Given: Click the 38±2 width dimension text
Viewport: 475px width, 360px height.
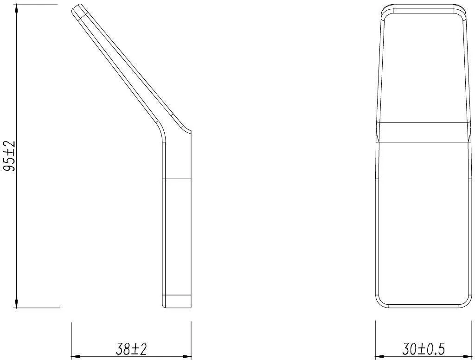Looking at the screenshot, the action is [131, 349].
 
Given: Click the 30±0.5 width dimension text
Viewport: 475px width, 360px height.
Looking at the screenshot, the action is [424, 349].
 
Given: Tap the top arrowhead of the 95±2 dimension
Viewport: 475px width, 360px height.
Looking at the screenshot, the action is [16, 8].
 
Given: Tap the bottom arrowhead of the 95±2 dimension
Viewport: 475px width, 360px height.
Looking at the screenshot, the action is [16, 303].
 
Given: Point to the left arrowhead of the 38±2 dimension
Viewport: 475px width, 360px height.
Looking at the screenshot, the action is [75, 356].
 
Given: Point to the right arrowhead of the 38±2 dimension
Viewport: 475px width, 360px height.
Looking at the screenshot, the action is [187, 356].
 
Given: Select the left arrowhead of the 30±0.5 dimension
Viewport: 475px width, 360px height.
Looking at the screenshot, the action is [380, 356].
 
